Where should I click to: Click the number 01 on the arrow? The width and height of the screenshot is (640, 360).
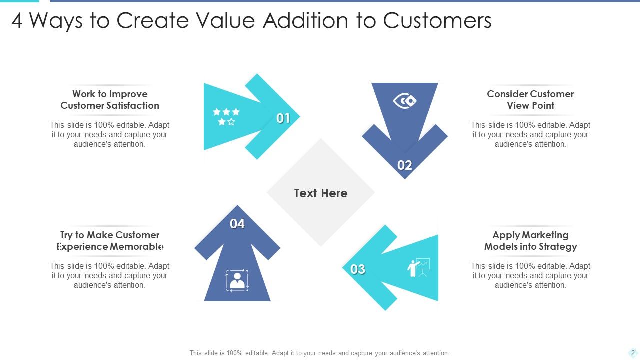(x=283, y=118)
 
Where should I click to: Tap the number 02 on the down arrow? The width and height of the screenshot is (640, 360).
(x=404, y=165)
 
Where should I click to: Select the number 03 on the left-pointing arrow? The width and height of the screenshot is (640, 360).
(x=358, y=269)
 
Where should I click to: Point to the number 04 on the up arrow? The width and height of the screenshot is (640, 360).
(x=237, y=224)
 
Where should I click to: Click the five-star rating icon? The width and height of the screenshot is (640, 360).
(x=226, y=116)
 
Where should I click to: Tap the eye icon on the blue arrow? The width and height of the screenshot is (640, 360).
(x=405, y=101)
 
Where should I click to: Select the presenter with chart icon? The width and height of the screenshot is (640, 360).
(x=419, y=268)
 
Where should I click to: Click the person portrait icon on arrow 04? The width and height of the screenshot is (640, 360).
(x=237, y=280)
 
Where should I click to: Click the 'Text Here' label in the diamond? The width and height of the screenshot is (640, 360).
(x=321, y=193)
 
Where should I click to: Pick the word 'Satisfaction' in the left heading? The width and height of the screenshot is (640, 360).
(x=133, y=105)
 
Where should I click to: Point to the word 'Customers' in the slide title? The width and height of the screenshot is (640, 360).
(x=437, y=21)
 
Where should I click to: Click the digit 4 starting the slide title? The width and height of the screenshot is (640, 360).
(x=17, y=21)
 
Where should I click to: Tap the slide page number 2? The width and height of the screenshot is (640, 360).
(x=633, y=352)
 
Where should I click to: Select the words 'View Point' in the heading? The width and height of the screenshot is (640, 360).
(x=530, y=105)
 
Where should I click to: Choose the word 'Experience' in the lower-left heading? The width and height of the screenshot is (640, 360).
(x=83, y=246)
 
